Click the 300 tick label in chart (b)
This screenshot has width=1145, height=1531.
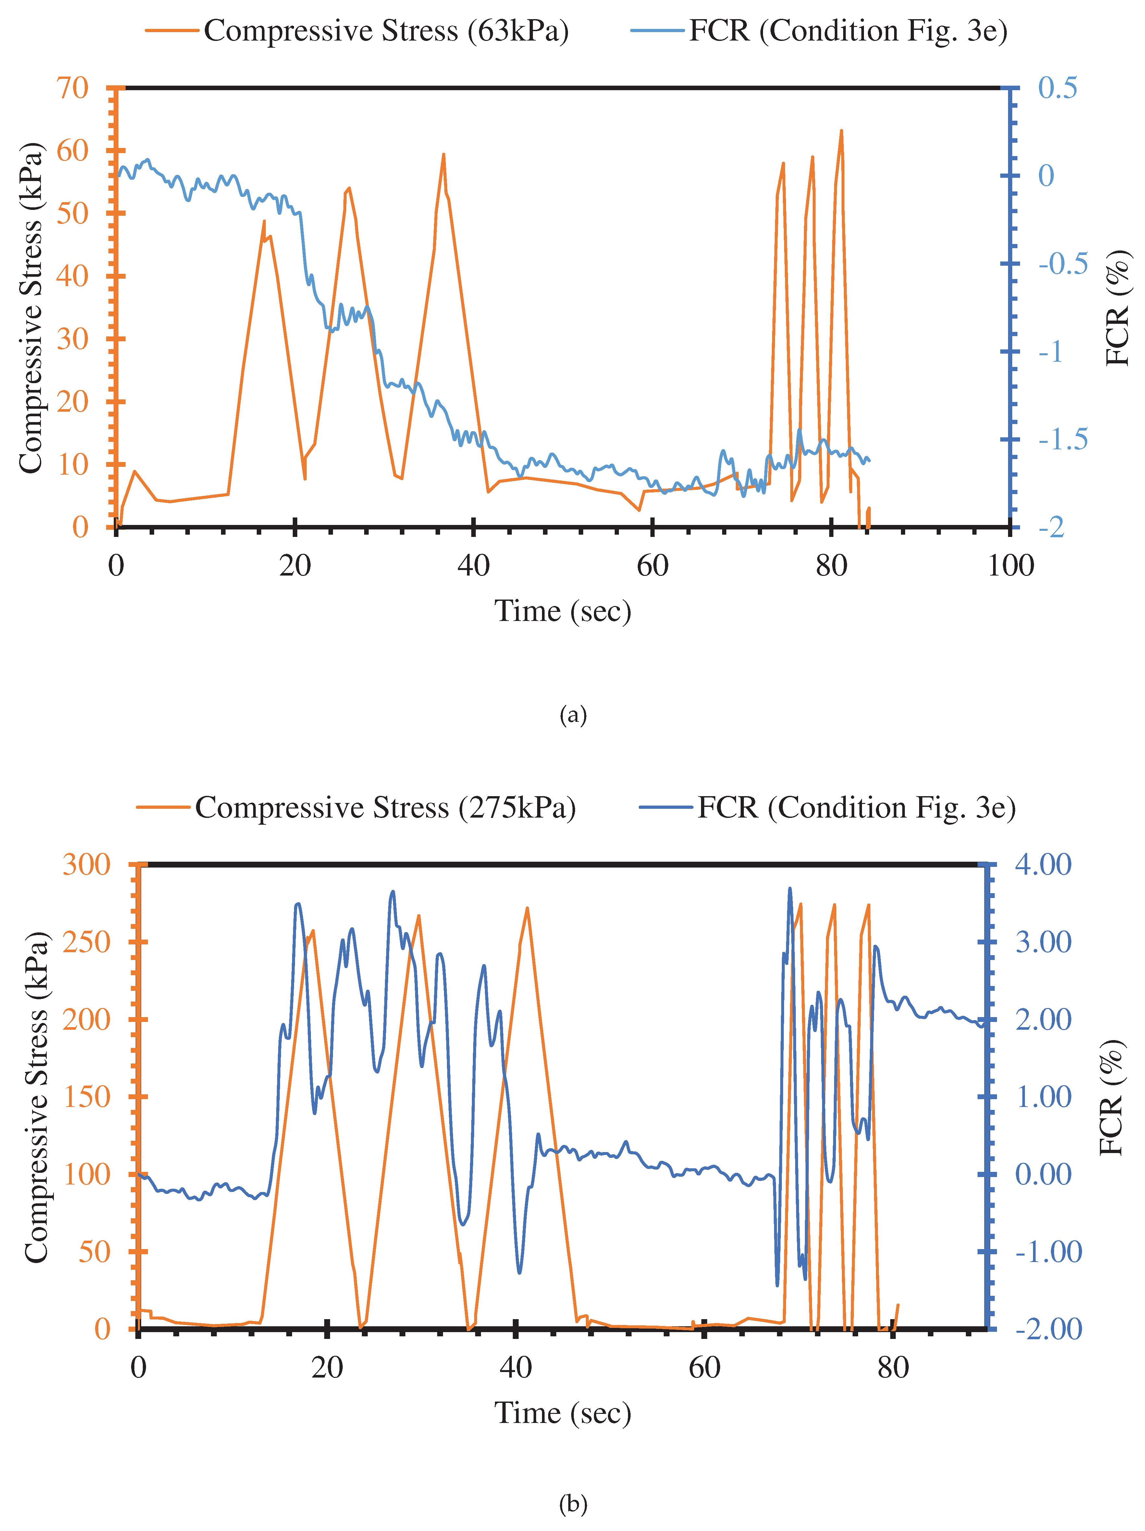[x=86, y=865]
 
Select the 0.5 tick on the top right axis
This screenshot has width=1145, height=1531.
[x=1057, y=88]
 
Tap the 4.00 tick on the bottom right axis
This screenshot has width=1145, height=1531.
[x=1042, y=865]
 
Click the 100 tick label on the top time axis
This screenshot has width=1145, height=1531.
[x=1010, y=566]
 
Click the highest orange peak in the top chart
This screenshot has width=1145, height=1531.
[x=841, y=131]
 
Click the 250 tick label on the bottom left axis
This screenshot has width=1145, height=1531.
[x=86, y=942]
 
